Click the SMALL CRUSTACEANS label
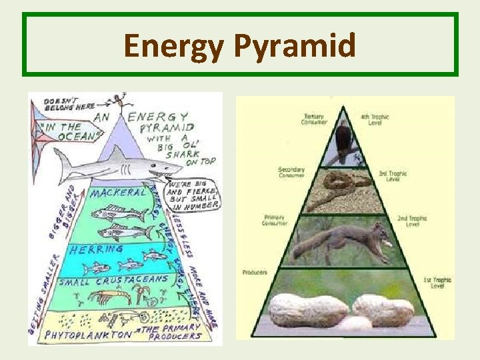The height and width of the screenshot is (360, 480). (113, 281)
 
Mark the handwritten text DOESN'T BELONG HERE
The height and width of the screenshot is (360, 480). (67, 104)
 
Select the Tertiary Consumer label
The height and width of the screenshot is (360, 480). (294, 119)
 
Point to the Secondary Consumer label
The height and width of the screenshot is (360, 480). (291, 173)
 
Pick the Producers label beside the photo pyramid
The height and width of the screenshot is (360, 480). (255, 272)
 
